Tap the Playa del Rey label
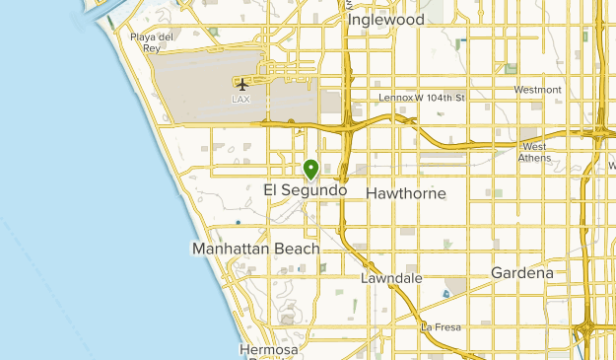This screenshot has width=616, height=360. tap(152, 41)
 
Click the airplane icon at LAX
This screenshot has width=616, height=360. tap(241, 83)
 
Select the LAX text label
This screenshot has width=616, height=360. tap(240, 100)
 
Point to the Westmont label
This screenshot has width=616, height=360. tap(537, 90)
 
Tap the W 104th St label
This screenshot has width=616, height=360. tap(437, 98)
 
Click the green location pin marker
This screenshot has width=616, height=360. tap(310, 169)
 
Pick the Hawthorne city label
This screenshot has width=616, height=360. tap(405, 194)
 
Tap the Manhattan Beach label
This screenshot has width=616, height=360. tap(256, 250)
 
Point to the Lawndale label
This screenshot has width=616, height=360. tap(390, 279)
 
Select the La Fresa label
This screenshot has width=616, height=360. tap(441, 326)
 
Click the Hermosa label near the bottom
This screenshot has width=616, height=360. tap(267, 350)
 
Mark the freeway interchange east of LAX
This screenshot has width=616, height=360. tap(349, 125)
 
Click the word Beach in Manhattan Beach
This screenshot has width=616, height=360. tap(298, 250)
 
